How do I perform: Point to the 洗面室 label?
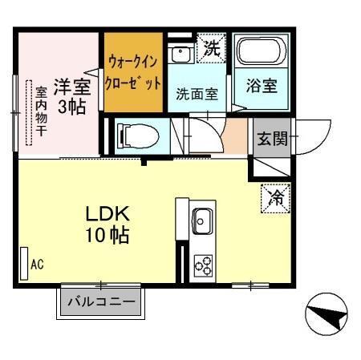[x=197, y=93]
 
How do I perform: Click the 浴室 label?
[x=261, y=86]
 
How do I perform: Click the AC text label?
[x=37, y=263]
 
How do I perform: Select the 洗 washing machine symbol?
[x=210, y=48]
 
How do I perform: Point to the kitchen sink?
[x=201, y=218]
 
